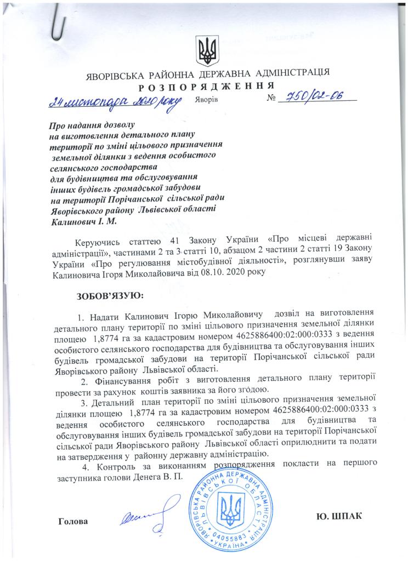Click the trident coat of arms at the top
(x=207, y=50)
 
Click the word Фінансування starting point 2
(x=119, y=381)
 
